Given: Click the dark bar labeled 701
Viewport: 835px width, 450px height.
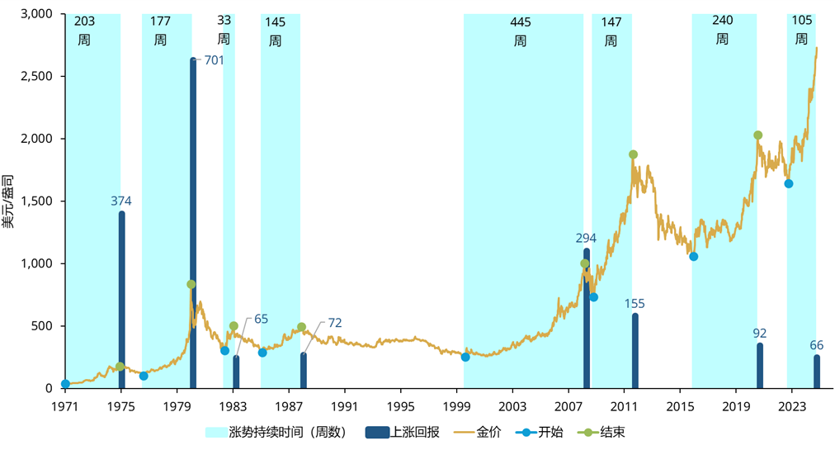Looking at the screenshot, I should pyautogui.click(x=193, y=223).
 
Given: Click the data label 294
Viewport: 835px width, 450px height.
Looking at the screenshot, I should pyautogui.click(x=586, y=239).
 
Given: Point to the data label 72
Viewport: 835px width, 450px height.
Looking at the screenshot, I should pyautogui.click(x=334, y=323).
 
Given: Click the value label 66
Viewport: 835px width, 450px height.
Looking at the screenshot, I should pyautogui.click(x=816, y=345).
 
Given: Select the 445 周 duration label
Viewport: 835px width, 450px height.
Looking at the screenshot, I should pyautogui.click(x=520, y=31).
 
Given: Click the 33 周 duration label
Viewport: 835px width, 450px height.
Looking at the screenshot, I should pyautogui.click(x=224, y=30).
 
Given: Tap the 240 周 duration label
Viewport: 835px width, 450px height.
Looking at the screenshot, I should pyautogui.click(x=723, y=31).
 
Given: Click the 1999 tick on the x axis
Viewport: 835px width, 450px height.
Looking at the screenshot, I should pyautogui.click(x=456, y=406).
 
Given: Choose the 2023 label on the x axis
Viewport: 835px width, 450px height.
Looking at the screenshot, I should pyautogui.click(x=791, y=406).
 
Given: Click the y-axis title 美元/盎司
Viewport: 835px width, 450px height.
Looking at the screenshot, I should pyautogui.click(x=8, y=201).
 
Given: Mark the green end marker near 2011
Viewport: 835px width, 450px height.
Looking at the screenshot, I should pyautogui.click(x=633, y=154).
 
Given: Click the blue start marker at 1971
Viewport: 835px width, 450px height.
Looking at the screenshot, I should pyautogui.click(x=65, y=384).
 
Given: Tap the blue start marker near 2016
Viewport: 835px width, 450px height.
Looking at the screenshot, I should pyautogui.click(x=694, y=257).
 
